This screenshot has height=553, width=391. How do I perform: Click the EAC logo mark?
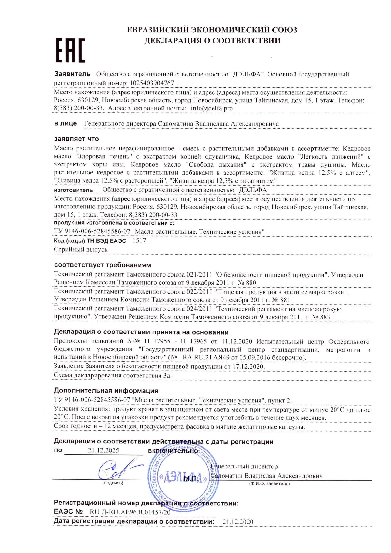(x=70, y=50)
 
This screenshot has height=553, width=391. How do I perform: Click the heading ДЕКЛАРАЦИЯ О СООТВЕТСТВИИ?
(x=212, y=41)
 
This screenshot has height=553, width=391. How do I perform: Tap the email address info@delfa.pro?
(x=212, y=108)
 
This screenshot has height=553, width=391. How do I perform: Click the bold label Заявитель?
(x=72, y=74)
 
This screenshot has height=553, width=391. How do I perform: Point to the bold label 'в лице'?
(x=65, y=123)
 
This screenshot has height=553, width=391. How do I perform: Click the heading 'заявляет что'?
(x=76, y=139)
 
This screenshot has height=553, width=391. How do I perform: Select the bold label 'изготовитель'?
(x=73, y=190)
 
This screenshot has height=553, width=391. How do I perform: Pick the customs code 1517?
(x=139, y=240)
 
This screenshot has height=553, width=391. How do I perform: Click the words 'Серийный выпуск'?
(x=81, y=249)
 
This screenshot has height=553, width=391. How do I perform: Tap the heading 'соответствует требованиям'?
(x=102, y=265)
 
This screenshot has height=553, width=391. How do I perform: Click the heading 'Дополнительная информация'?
(x=106, y=390)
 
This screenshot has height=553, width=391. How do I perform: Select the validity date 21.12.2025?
(x=103, y=450)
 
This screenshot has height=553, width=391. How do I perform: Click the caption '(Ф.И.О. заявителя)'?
(x=269, y=484)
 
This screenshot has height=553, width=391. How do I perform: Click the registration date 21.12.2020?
(x=238, y=521)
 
